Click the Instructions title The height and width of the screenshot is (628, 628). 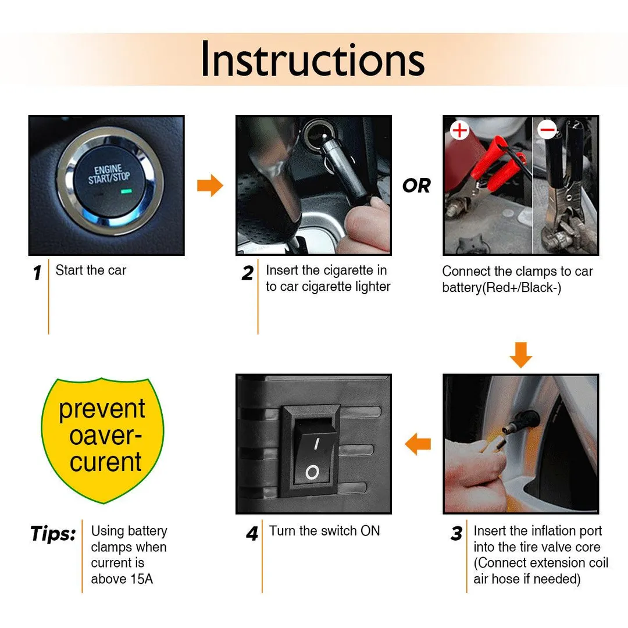313,59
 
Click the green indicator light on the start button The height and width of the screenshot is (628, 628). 127,191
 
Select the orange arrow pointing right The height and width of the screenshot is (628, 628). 210,185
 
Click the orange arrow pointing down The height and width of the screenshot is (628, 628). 520,355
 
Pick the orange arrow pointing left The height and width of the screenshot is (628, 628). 418,444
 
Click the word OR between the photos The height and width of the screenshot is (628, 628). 416,186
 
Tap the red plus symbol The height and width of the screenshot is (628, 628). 459,130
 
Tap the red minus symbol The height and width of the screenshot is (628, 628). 548,129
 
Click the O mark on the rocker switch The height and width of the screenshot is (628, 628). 312,473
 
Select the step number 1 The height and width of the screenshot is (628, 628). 37,273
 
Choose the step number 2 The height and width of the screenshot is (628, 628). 248,273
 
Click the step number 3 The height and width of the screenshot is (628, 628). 456,533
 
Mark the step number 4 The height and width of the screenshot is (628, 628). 252,533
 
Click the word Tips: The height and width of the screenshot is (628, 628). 53,534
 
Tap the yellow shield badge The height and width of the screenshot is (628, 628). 102,440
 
